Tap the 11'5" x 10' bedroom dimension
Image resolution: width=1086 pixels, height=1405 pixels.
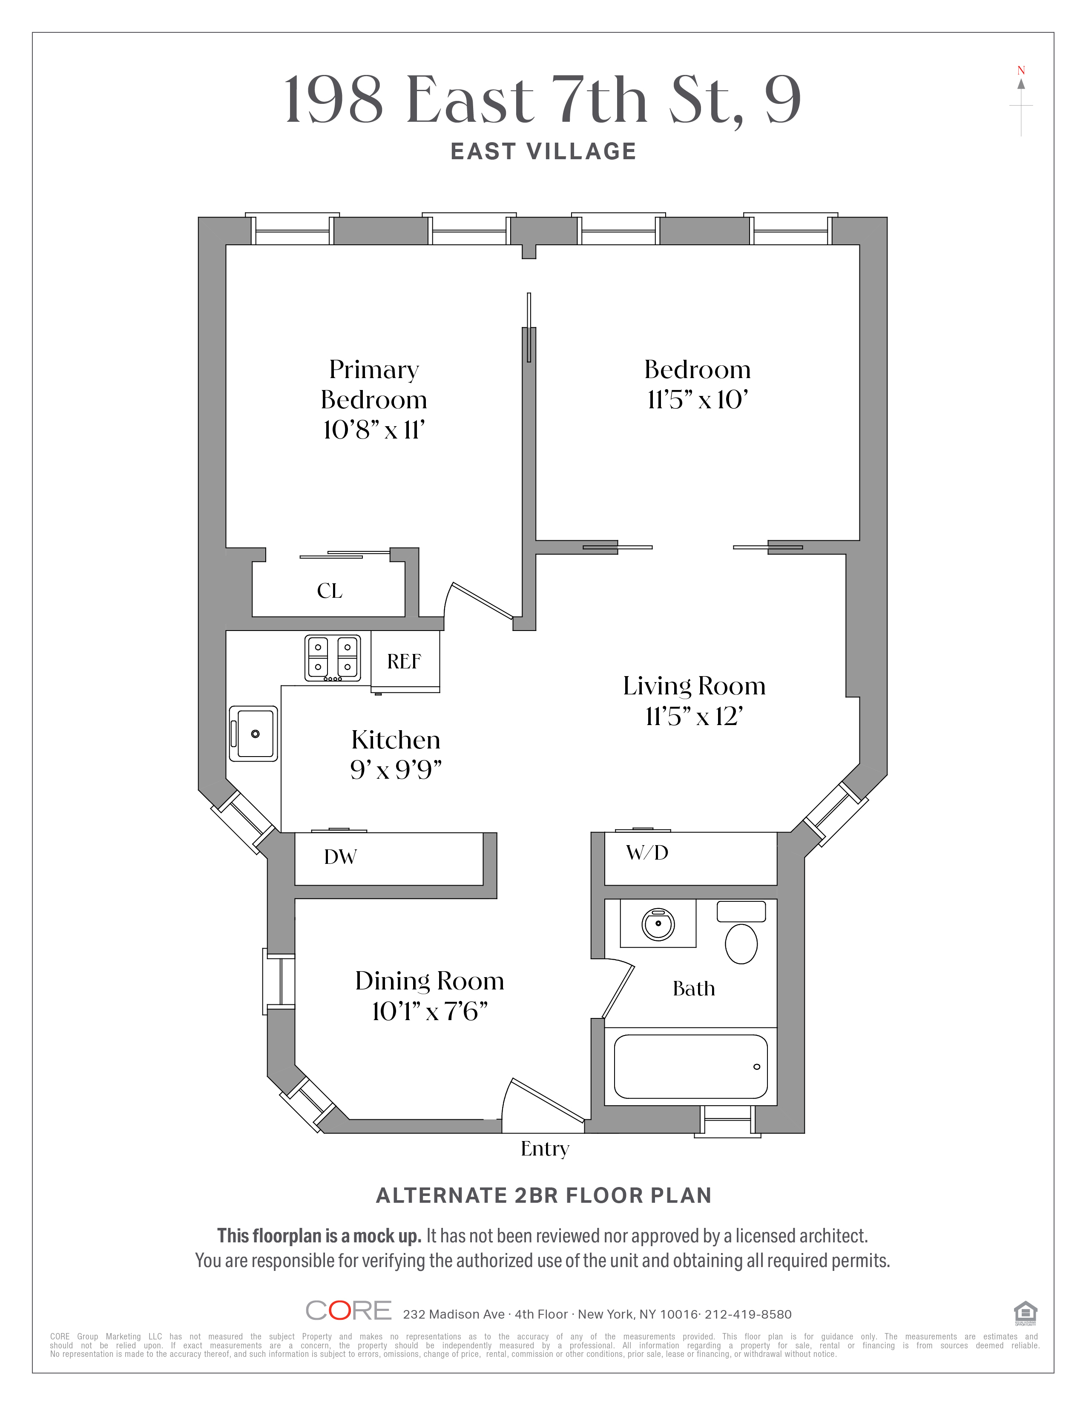(698, 400)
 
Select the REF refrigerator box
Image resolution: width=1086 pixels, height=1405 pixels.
(405, 661)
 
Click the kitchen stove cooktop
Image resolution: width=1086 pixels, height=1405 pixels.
(332, 657)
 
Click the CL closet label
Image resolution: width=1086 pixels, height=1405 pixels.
(329, 591)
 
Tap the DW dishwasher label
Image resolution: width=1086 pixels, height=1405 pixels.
(340, 857)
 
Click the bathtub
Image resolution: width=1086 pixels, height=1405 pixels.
(690, 1067)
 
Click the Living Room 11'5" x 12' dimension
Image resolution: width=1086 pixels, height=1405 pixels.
(694, 717)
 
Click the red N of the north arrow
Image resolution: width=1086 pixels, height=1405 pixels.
(1020, 71)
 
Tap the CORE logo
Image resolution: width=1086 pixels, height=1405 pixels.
(348, 1310)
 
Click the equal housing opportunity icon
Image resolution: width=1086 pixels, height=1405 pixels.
(1025, 1312)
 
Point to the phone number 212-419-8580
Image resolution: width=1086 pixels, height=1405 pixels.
(747, 1314)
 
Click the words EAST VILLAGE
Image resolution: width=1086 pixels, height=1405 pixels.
(544, 152)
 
